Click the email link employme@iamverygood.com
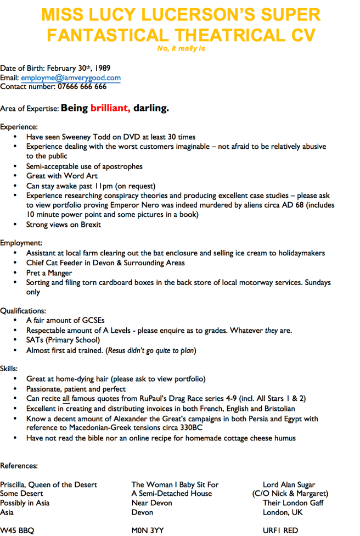71,78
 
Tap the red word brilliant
110,108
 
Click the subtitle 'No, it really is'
181,49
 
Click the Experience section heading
19,127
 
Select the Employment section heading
21,243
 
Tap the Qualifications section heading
23,311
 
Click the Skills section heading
9,369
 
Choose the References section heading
19,466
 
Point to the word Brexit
89,225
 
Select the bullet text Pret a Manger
49,272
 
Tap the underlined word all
65,399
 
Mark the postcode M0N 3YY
147,531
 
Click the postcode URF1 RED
280,531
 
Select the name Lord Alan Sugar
289,484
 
